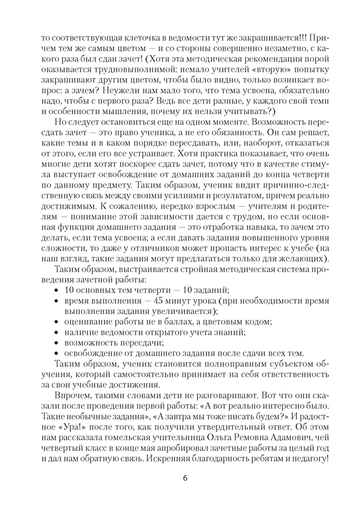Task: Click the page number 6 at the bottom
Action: tap(185, 478)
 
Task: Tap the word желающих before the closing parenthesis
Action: tap(301, 259)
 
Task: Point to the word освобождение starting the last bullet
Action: tap(91, 353)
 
